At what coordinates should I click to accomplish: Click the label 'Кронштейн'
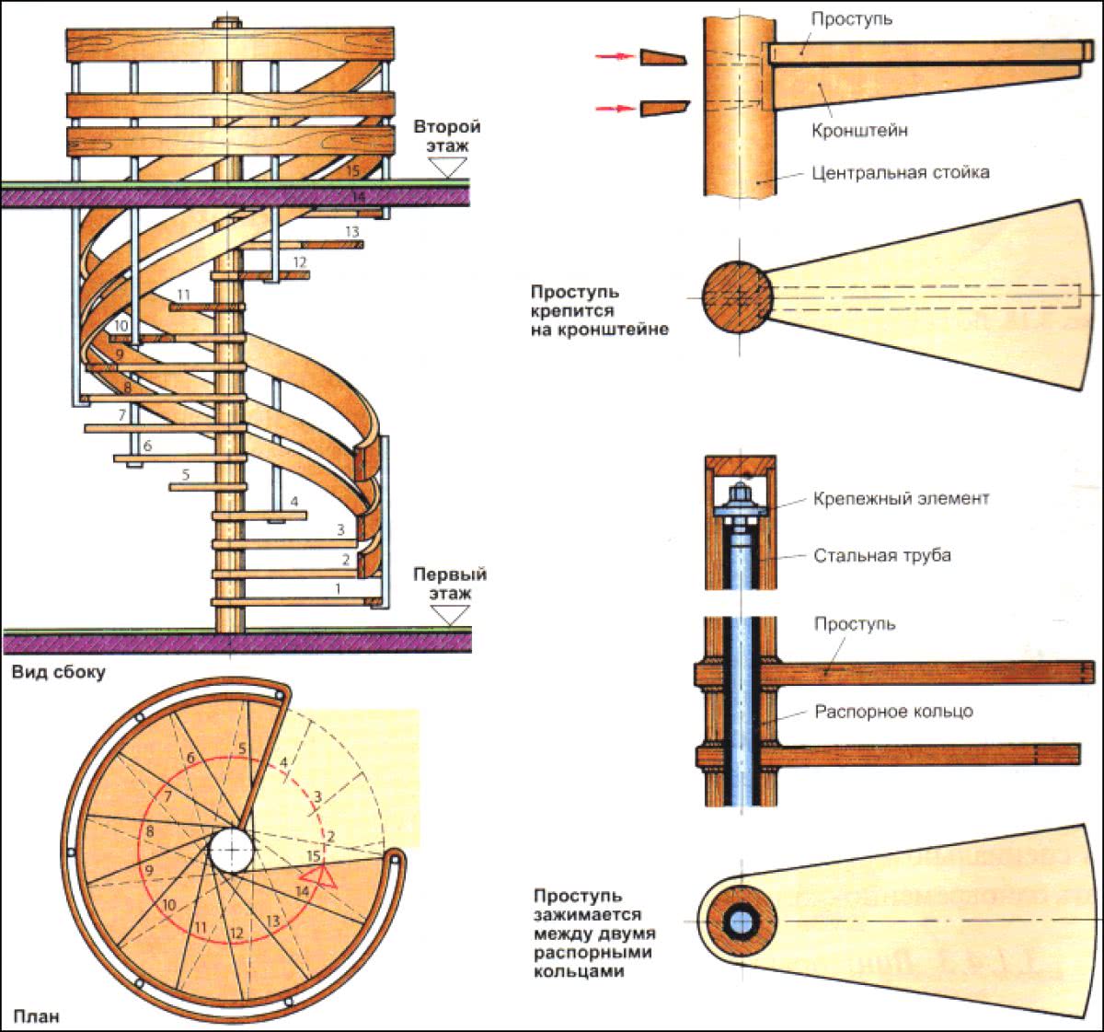tap(859, 131)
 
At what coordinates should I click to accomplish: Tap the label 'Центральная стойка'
tap(901, 172)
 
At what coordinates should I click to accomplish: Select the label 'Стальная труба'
tap(881, 555)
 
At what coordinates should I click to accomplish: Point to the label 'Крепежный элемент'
tap(901, 498)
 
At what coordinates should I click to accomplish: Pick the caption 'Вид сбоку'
tap(58, 672)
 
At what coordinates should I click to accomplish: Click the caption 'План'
tap(37, 1016)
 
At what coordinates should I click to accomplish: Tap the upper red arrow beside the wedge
tap(615, 57)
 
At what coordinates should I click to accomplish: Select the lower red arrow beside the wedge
tap(615, 109)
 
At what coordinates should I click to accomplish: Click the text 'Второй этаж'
tap(447, 136)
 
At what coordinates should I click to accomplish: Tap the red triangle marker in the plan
tap(322, 875)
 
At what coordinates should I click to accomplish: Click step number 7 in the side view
tap(121, 416)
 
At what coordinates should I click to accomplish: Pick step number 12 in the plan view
tap(236, 933)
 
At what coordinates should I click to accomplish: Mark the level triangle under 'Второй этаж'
tap(450, 167)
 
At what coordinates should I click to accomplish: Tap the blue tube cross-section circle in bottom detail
tap(739, 921)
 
